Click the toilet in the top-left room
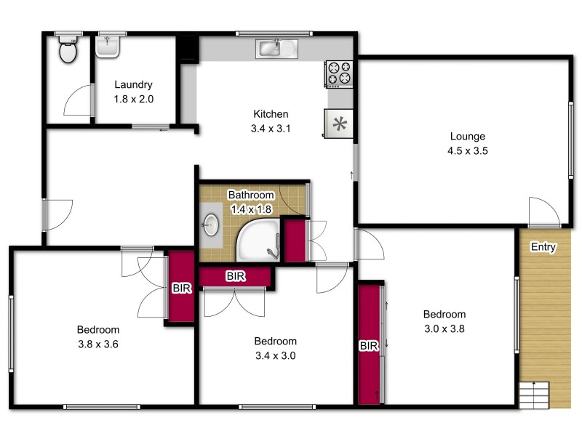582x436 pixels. point(68,50)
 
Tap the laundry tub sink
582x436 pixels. point(108,47)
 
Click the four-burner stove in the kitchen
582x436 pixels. point(340,72)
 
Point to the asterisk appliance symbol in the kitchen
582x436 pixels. point(339,123)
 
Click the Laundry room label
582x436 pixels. point(132,84)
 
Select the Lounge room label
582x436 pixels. point(467,136)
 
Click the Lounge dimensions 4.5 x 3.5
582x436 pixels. point(467,151)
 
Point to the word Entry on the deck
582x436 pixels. point(543,247)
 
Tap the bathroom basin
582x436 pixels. point(212,225)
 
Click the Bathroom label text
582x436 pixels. point(251,195)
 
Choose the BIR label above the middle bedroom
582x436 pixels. point(235,276)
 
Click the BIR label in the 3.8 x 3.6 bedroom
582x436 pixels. point(181,288)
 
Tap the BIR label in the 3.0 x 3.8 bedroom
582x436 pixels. point(370,347)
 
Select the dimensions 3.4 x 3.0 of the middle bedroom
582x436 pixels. point(276,356)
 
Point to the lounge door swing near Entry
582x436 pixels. point(544,211)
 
